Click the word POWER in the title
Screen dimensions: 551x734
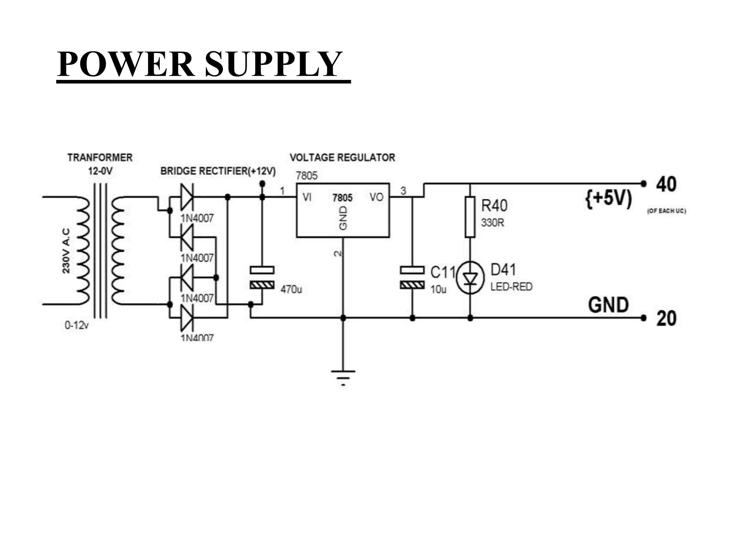(x=125, y=64)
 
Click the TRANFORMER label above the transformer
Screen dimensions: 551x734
(x=100, y=157)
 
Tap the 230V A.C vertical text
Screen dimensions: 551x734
(x=66, y=251)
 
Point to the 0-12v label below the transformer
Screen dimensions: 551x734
(x=76, y=325)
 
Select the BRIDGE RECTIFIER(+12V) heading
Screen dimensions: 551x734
(x=218, y=171)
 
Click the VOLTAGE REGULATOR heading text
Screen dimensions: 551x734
(x=342, y=157)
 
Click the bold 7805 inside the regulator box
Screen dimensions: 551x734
(x=342, y=198)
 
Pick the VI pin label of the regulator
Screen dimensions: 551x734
(x=307, y=197)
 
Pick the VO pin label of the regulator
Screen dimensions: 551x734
(x=376, y=197)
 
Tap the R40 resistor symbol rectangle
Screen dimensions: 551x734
(x=470, y=217)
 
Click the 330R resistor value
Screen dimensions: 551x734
(x=492, y=223)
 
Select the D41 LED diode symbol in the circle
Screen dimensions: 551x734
(x=470, y=278)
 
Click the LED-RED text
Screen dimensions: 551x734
(x=511, y=287)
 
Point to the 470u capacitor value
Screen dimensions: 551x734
(x=291, y=289)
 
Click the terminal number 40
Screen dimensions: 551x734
(x=666, y=184)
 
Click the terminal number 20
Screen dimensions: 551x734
(x=666, y=319)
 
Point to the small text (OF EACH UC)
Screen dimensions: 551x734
(x=666, y=211)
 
